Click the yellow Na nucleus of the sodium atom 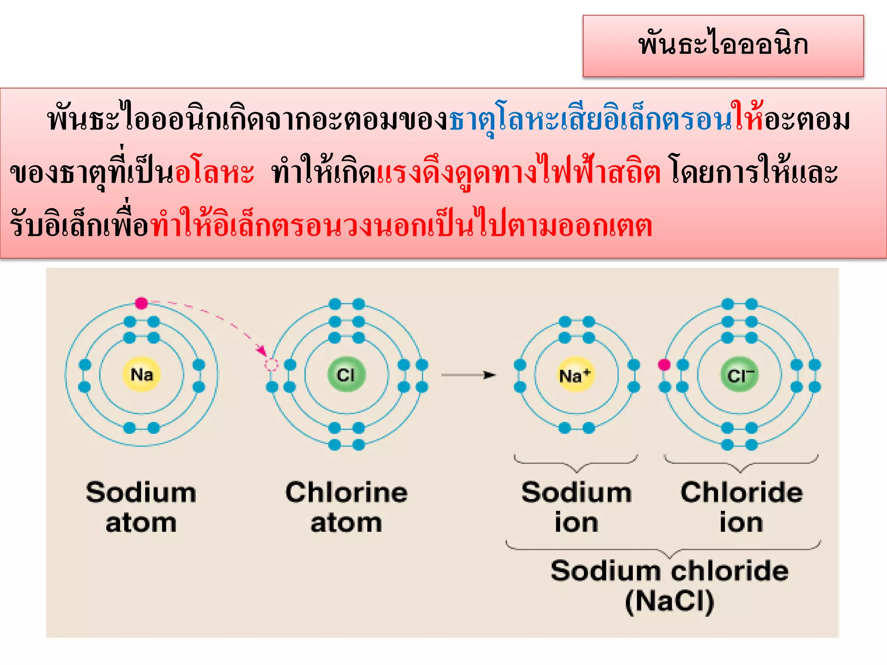142,374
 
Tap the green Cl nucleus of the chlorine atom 346,374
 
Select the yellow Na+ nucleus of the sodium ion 576,375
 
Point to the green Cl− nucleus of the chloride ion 740,375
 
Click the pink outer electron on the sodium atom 141,303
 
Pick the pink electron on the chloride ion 664,365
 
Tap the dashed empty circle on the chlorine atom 271,365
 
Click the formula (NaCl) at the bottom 670,601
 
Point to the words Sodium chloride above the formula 670,571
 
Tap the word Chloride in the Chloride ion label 741,493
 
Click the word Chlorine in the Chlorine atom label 346,493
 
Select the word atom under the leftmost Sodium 141,523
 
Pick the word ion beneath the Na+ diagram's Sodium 576,523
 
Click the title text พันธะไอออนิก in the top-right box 723,45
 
